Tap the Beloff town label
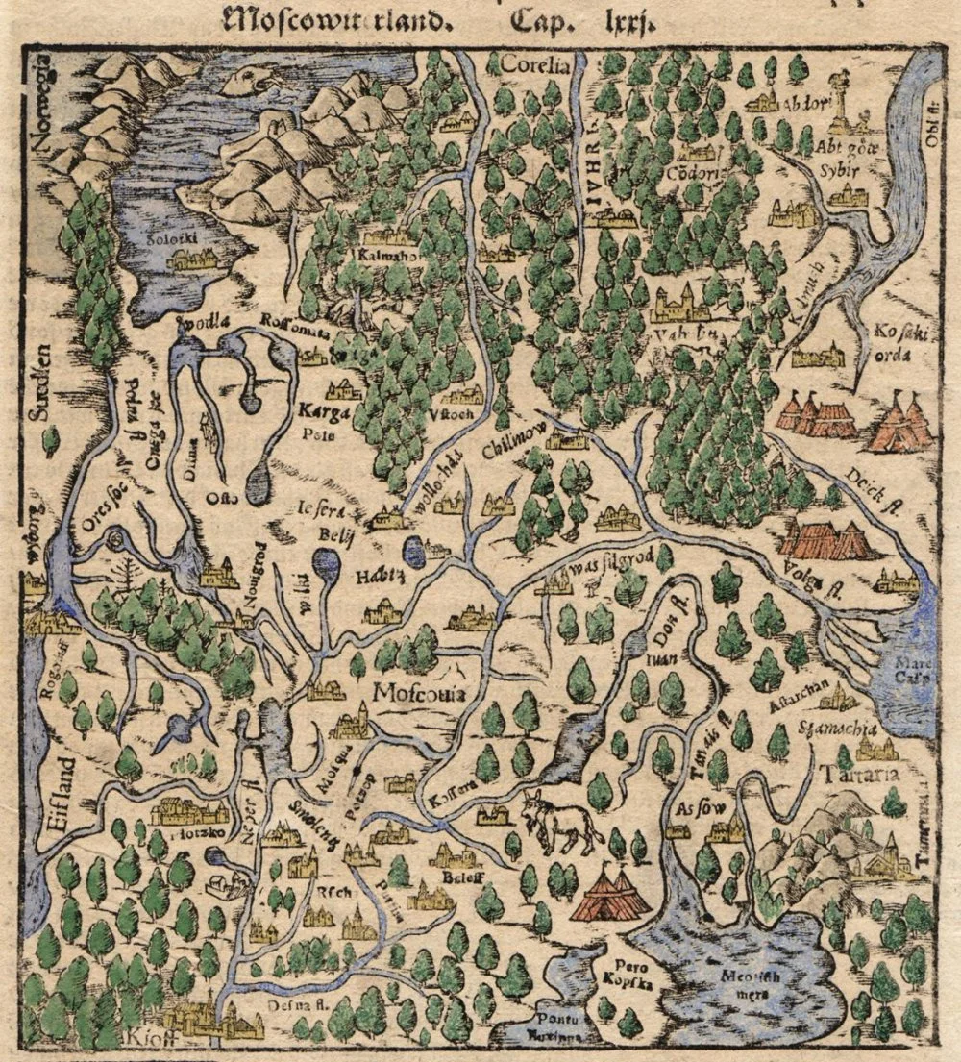tap(456, 877)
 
